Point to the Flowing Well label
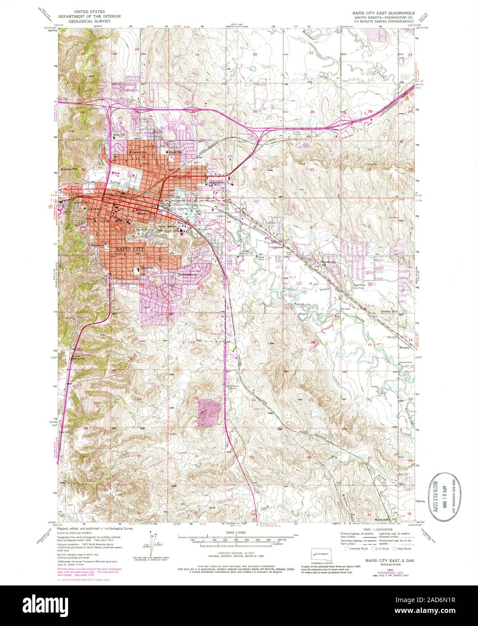click(403, 311)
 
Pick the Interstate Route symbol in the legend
click(346, 549)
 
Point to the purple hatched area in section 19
click(209, 412)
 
